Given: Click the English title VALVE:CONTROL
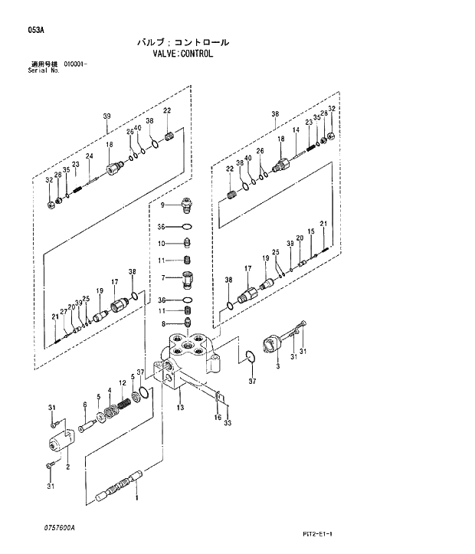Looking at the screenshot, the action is coord(182,54).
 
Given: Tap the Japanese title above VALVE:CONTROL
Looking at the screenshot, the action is coord(182,43).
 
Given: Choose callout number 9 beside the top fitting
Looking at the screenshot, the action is coord(162,205).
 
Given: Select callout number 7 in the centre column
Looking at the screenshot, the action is coord(162,277).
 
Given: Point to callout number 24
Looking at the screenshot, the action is coord(90,156).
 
